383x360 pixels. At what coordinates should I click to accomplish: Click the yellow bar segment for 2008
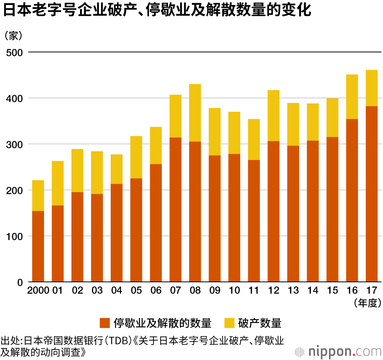(195, 113)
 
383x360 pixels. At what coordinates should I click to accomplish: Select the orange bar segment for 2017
(372, 194)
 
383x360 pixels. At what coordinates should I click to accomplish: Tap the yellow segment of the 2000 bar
(38, 195)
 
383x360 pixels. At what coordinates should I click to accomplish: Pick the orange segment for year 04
(116, 233)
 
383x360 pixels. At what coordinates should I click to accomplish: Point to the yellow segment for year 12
(273, 115)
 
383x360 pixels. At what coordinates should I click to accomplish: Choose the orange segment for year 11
(254, 221)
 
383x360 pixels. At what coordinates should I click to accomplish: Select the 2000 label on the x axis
(38, 291)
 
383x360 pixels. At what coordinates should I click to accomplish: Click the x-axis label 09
(215, 291)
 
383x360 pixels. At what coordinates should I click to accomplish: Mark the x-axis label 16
(352, 291)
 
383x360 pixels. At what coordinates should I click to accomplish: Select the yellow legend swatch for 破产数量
(229, 323)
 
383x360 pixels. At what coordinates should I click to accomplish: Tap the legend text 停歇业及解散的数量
(162, 323)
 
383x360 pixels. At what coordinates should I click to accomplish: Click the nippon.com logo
(337, 350)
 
